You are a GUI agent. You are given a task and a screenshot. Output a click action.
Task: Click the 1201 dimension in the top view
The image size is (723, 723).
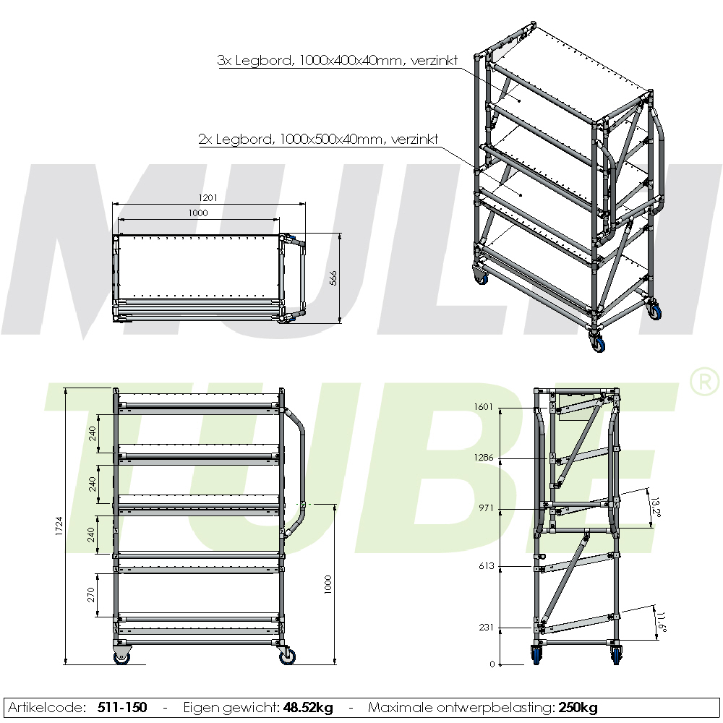(x=208, y=198)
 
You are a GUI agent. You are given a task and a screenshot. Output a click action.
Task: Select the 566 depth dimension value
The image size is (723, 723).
(x=333, y=278)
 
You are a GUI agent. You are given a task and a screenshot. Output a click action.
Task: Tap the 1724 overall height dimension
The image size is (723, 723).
(x=59, y=526)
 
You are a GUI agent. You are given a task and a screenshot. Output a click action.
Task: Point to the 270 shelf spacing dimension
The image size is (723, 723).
(x=91, y=595)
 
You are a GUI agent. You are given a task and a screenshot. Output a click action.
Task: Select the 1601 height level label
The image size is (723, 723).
(x=484, y=406)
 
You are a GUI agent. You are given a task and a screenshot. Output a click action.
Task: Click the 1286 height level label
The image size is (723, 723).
(x=484, y=458)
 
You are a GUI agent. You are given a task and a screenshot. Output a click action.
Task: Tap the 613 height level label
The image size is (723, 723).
(x=487, y=566)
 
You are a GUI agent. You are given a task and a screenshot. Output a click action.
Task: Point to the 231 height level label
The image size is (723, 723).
(x=487, y=627)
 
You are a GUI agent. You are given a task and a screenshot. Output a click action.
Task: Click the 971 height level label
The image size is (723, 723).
(x=487, y=508)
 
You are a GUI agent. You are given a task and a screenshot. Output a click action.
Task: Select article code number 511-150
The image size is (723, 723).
(x=122, y=707)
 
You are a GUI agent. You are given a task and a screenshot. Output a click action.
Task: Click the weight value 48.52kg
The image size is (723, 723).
(x=308, y=707)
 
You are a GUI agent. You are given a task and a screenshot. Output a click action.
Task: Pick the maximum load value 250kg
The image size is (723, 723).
(x=578, y=707)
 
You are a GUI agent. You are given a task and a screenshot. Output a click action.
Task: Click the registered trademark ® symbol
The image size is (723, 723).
(x=704, y=381)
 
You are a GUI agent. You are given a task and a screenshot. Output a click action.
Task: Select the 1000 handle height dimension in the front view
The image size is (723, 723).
(x=328, y=584)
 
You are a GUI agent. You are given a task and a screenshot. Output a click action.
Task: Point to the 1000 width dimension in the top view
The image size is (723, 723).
(x=198, y=213)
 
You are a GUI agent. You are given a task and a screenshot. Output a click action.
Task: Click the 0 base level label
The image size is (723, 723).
(x=492, y=664)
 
